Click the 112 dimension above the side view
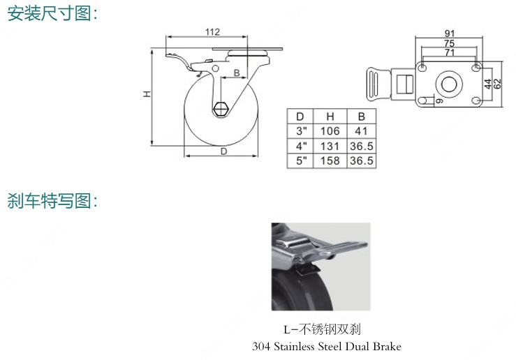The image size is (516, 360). [x=212, y=32]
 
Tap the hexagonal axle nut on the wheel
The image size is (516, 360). [x=220, y=109]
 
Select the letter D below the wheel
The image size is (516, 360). [x=223, y=151]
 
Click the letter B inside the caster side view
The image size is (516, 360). [x=237, y=73]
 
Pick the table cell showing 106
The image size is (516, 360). [x=330, y=131]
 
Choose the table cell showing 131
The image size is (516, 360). [x=330, y=146]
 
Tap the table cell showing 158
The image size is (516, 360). [x=330, y=160]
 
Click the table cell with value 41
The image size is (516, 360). [x=361, y=131]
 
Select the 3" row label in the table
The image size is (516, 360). [x=301, y=131]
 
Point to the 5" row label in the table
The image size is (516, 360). [x=301, y=160]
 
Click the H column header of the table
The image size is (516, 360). [x=330, y=117]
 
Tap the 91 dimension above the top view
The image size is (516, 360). [x=450, y=33]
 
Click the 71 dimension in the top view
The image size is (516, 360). [x=450, y=52]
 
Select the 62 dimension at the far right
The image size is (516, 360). [x=498, y=84]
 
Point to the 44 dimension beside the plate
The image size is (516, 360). [x=488, y=84]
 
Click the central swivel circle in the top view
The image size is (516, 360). [x=449, y=84]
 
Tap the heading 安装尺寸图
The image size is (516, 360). [x=52, y=13]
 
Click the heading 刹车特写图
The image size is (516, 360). [x=52, y=200]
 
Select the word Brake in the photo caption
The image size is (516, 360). [x=387, y=347]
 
